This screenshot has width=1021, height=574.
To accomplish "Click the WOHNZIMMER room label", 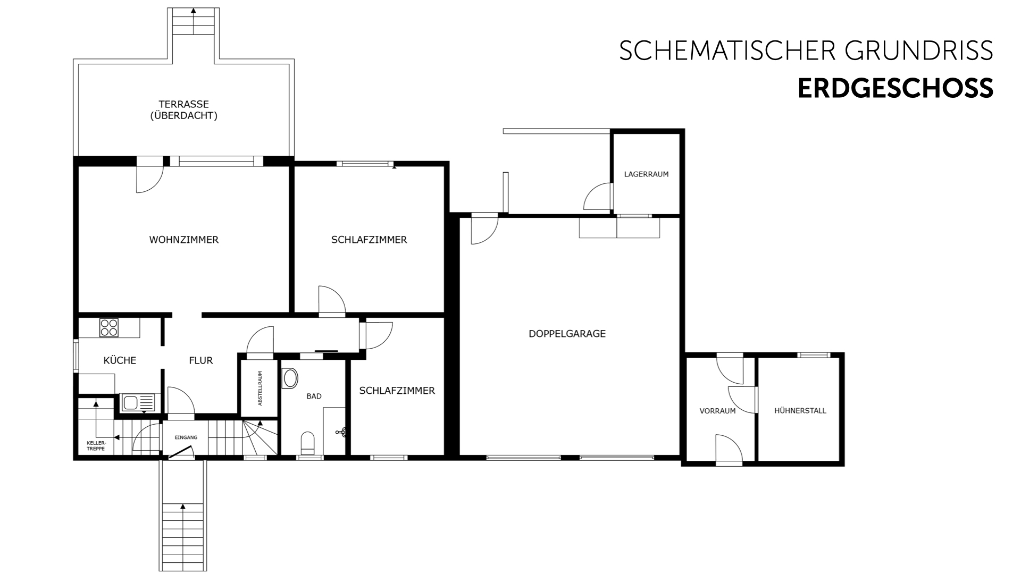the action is [x=183, y=240].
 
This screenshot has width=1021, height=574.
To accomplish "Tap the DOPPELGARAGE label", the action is [x=567, y=334].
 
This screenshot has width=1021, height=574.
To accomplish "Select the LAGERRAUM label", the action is [x=646, y=174].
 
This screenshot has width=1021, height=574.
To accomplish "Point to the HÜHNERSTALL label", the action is [x=800, y=410].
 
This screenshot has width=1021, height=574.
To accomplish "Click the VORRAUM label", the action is [x=717, y=411].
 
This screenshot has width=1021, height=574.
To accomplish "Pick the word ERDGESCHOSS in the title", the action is [x=895, y=88].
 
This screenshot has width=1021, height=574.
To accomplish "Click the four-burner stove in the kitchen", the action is [x=109, y=327].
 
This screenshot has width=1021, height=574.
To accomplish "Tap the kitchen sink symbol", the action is [x=137, y=403].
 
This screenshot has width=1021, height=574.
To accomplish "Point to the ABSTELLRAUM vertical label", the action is [x=260, y=388].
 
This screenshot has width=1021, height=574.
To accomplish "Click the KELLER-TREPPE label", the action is [x=96, y=445].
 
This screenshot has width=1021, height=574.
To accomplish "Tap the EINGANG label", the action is [x=186, y=437].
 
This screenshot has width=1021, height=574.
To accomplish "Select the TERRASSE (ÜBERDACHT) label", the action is [x=183, y=110].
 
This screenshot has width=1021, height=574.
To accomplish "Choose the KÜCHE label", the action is [x=120, y=360].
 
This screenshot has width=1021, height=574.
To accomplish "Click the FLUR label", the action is [x=201, y=360].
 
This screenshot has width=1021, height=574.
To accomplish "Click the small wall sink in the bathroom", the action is [x=342, y=433].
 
